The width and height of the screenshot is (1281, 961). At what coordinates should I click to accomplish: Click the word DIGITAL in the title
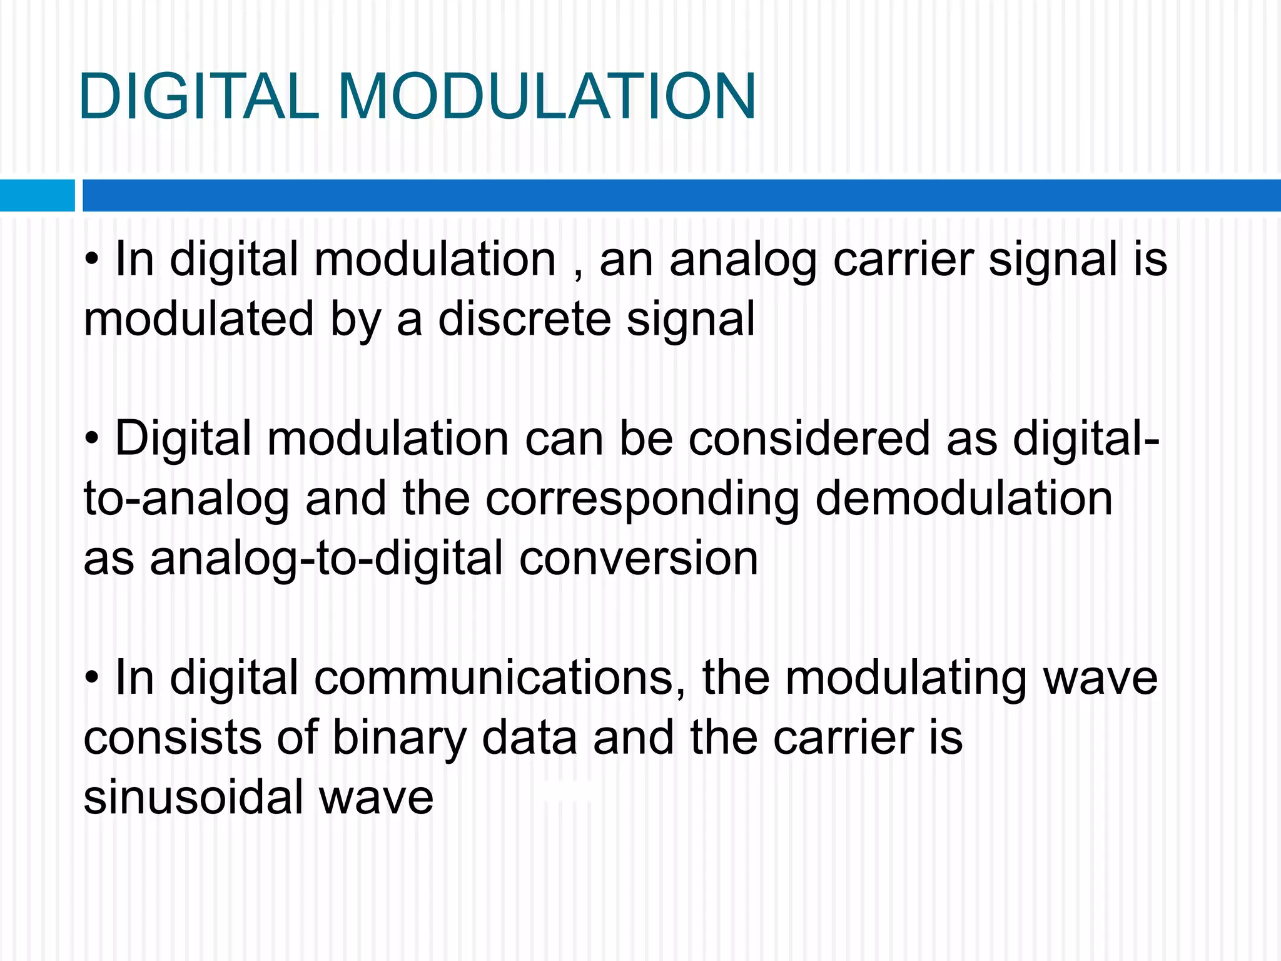199,97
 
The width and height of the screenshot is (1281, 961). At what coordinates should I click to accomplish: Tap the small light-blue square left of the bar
37,195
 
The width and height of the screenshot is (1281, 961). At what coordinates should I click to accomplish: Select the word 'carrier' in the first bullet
903,260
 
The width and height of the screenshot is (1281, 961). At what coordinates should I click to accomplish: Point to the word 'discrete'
524,319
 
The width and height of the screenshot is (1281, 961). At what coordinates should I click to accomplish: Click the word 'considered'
809,439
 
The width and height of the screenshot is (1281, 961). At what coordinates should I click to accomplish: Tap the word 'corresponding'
642,499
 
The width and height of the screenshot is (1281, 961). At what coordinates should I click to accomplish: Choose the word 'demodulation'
964,499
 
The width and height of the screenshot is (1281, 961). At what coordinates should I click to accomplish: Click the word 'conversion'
638,558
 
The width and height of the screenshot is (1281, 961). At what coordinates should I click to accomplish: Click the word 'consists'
172,738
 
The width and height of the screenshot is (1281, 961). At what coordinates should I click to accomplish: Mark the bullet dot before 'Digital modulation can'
93,440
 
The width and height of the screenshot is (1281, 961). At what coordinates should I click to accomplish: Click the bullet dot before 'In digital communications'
93,679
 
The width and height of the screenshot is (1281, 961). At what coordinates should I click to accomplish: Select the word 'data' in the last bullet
529,738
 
